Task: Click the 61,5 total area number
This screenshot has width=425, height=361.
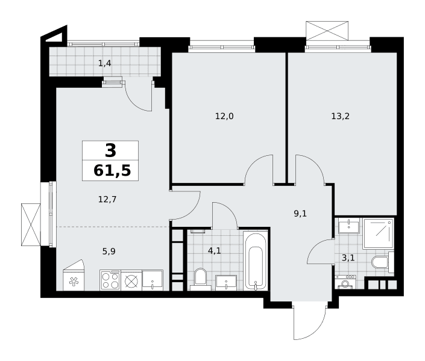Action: [112, 171]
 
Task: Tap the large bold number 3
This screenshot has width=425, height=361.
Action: [110, 151]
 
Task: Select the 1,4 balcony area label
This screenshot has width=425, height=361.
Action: [105, 64]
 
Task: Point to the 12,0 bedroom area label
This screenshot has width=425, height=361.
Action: [224, 117]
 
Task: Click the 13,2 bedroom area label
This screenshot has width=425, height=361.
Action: [340, 117]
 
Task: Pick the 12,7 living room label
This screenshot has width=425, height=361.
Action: [107, 200]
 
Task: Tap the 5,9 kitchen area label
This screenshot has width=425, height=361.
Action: [109, 251]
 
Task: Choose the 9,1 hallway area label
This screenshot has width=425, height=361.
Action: [300, 214]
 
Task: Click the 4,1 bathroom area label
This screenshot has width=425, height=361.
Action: [215, 251]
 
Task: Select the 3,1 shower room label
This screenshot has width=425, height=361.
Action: [348, 258]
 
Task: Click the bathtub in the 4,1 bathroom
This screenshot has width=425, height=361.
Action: [256, 261]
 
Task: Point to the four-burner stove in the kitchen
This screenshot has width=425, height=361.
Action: [110, 280]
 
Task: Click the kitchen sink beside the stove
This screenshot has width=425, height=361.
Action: [153, 280]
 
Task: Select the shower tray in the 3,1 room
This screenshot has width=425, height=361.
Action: [378, 233]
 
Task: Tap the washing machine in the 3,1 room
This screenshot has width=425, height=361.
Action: [344, 282]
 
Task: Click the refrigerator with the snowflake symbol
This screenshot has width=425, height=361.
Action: [74, 277]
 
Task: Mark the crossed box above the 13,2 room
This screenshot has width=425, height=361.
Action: [327, 31]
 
